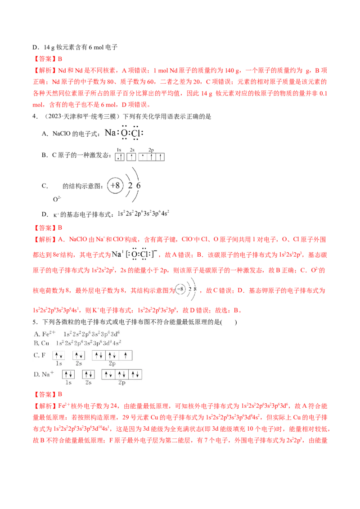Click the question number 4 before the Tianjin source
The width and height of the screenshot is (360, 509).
click(x=35, y=116)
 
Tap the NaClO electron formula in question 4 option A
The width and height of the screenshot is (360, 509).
click(x=124, y=133)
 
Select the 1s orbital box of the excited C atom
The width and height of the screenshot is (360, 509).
click(x=120, y=157)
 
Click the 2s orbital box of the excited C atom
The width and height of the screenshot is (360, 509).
click(x=131, y=157)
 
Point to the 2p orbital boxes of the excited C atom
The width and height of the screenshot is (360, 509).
click(x=151, y=157)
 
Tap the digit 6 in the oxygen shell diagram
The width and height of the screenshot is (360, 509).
click(x=139, y=186)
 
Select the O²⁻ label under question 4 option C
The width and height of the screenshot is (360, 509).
click(x=57, y=199)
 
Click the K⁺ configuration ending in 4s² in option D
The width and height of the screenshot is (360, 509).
click(x=143, y=214)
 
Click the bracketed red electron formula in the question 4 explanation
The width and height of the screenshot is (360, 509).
click(x=135, y=254)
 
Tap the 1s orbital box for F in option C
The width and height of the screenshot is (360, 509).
click(x=59, y=355)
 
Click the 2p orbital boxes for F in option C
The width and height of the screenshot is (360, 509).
click(x=112, y=355)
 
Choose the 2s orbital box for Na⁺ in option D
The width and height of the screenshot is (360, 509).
click(x=88, y=374)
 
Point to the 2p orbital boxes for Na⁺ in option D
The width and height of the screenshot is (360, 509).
click(x=122, y=374)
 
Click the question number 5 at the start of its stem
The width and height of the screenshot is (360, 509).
click(x=35, y=322)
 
